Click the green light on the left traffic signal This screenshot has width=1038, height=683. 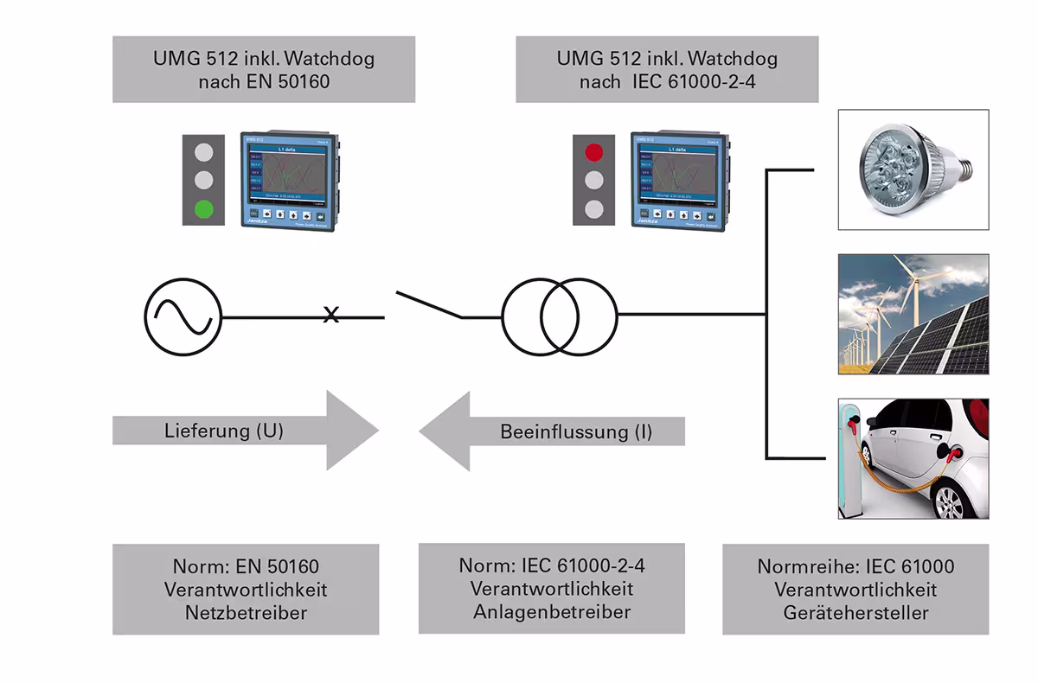click(x=204, y=208)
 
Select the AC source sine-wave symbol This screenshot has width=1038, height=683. click(x=183, y=316)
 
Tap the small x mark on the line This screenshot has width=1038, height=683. click(x=330, y=316)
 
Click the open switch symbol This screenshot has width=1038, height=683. click(x=429, y=305)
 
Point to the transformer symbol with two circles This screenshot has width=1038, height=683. click(x=560, y=316)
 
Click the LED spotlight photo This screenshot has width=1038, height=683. click(x=913, y=169)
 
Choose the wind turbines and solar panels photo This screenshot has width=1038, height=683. click(x=913, y=314)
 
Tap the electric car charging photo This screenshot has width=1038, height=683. click(x=913, y=458)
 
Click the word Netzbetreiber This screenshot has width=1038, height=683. click(x=246, y=613)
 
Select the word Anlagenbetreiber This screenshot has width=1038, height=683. click(x=552, y=611)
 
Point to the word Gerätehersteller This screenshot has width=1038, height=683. click(x=855, y=613)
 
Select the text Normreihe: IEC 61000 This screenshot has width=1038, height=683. click(x=855, y=567)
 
